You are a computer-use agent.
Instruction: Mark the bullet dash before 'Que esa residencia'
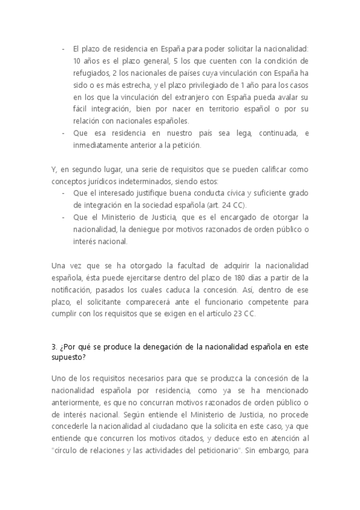coord(64,133)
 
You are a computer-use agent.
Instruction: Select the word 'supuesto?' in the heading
coord(69,357)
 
